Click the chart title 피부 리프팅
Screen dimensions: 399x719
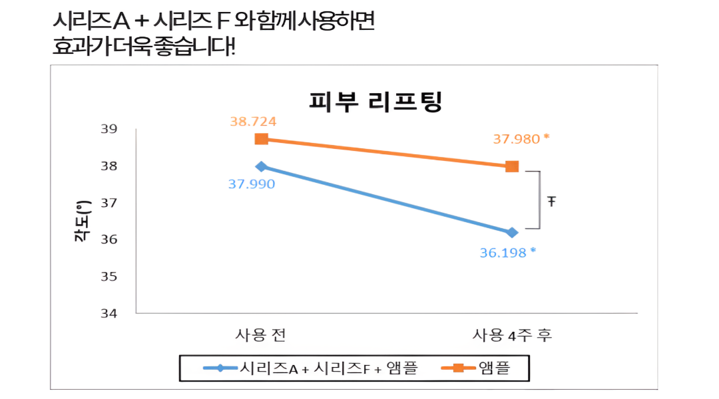[x=376, y=102]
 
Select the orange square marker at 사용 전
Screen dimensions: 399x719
[x=262, y=139]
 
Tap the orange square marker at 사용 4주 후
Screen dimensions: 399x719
[x=512, y=166]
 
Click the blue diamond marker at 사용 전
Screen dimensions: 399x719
[x=262, y=166]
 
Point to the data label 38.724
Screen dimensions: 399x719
[x=253, y=122]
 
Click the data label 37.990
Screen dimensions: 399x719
[x=252, y=184]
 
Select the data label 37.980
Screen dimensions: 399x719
[x=517, y=139]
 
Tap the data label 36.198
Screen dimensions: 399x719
[x=503, y=253]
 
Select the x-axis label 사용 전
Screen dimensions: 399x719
[x=261, y=334]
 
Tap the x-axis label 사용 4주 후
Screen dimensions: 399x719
[x=513, y=334]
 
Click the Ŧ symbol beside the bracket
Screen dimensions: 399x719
[x=552, y=200]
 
